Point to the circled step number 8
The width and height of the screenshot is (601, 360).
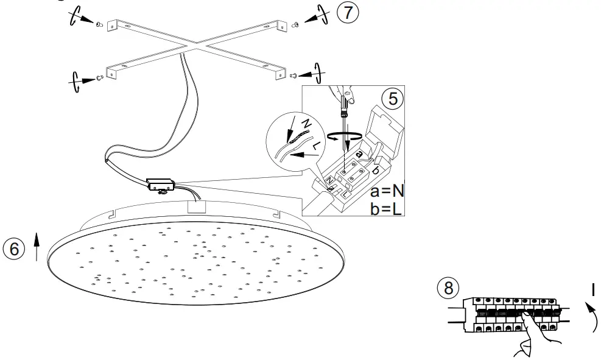[449, 288]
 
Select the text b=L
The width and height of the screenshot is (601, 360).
[387, 210]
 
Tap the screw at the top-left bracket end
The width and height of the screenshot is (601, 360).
[98, 24]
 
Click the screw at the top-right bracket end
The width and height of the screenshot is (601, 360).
[295, 24]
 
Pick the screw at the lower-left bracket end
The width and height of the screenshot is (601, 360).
[97, 78]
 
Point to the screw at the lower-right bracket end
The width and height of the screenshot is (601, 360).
[295, 76]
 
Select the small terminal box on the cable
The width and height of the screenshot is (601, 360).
[161, 183]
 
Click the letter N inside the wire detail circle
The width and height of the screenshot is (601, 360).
[306, 124]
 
